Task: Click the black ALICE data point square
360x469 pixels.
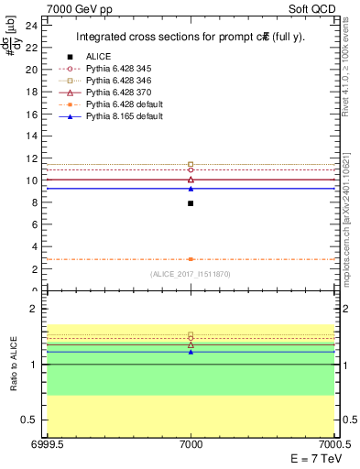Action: pyautogui.click(x=191, y=203)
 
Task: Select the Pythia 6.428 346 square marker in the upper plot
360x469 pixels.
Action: pyautogui.click(x=191, y=164)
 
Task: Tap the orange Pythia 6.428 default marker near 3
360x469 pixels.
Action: pyautogui.click(x=191, y=259)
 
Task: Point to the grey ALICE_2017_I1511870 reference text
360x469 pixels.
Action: pyautogui.click(x=191, y=275)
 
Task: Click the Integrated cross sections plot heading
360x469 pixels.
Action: pyautogui.click(x=191, y=38)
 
